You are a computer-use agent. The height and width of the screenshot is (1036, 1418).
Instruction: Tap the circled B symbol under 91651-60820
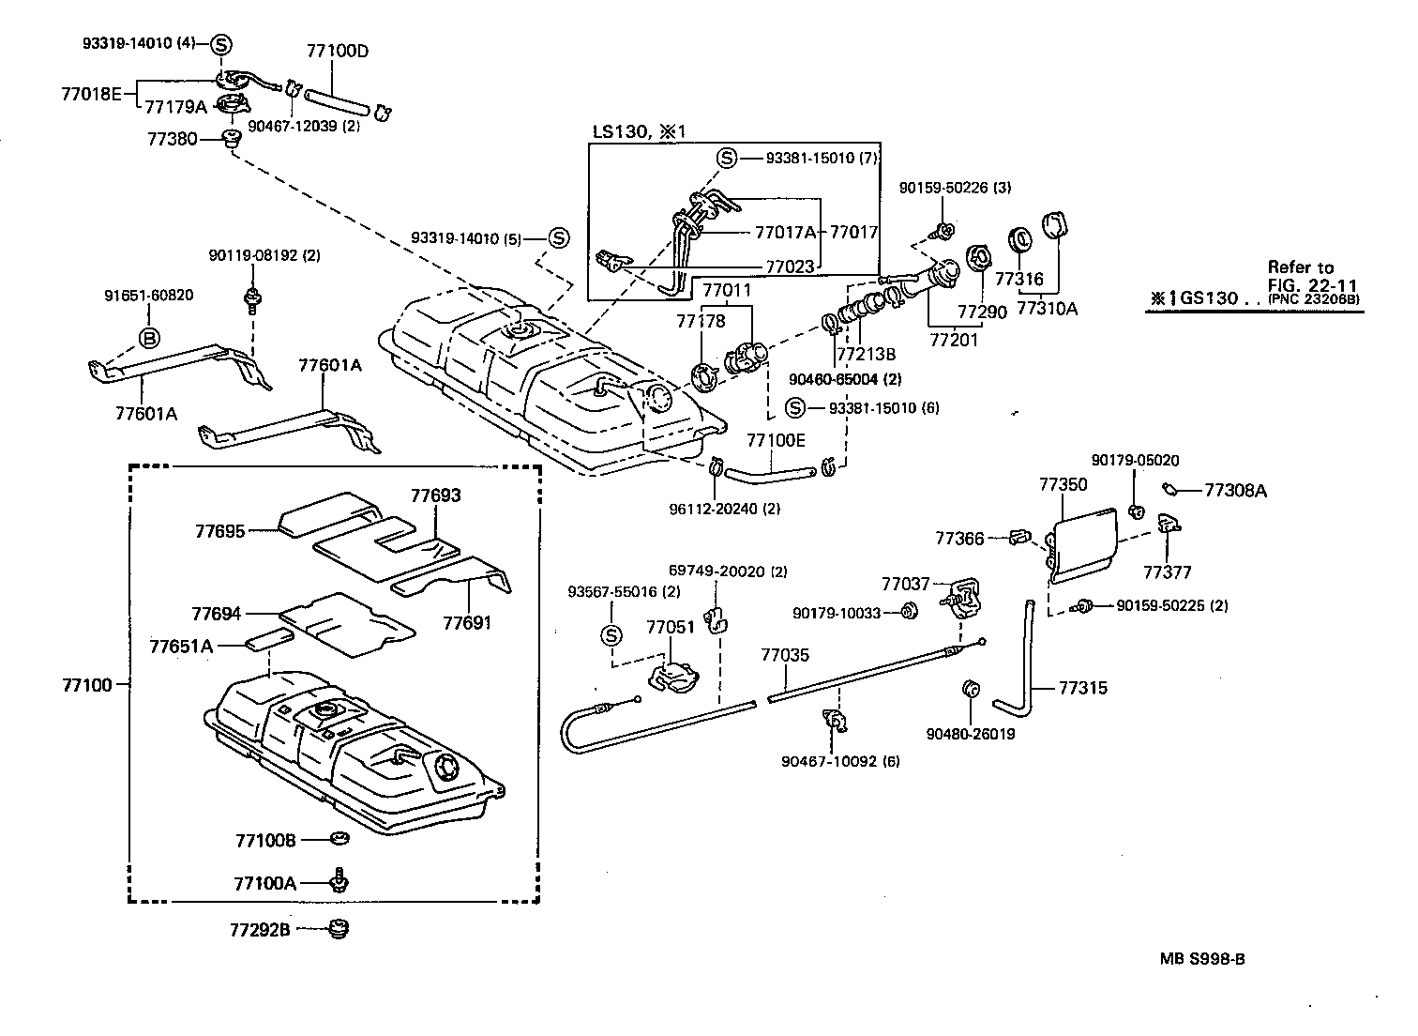pyautogui.click(x=149, y=338)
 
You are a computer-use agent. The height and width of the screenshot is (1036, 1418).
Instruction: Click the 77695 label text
pyautogui.click(x=219, y=531)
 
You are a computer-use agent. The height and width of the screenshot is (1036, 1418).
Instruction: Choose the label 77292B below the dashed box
pyautogui.click(x=260, y=930)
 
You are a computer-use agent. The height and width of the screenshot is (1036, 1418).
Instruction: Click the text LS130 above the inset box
pyautogui.click(x=619, y=131)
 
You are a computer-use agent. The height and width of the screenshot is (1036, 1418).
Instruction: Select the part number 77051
pyautogui.click(x=671, y=627)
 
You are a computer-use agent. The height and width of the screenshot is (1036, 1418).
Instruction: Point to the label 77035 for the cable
pyautogui.click(x=784, y=655)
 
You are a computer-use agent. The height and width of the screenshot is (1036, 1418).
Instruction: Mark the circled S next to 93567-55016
pyautogui.click(x=611, y=635)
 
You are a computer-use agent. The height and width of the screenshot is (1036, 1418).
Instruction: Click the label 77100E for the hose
pyautogui.click(x=776, y=439)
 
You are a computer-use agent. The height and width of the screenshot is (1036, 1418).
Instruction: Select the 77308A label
pyautogui.click(x=1235, y=490)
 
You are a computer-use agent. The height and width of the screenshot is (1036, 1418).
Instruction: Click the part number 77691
pyautogui.click(x=467, y=622)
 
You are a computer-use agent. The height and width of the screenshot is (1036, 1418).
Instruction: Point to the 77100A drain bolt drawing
pyautogui.click(x=339, y=881)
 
